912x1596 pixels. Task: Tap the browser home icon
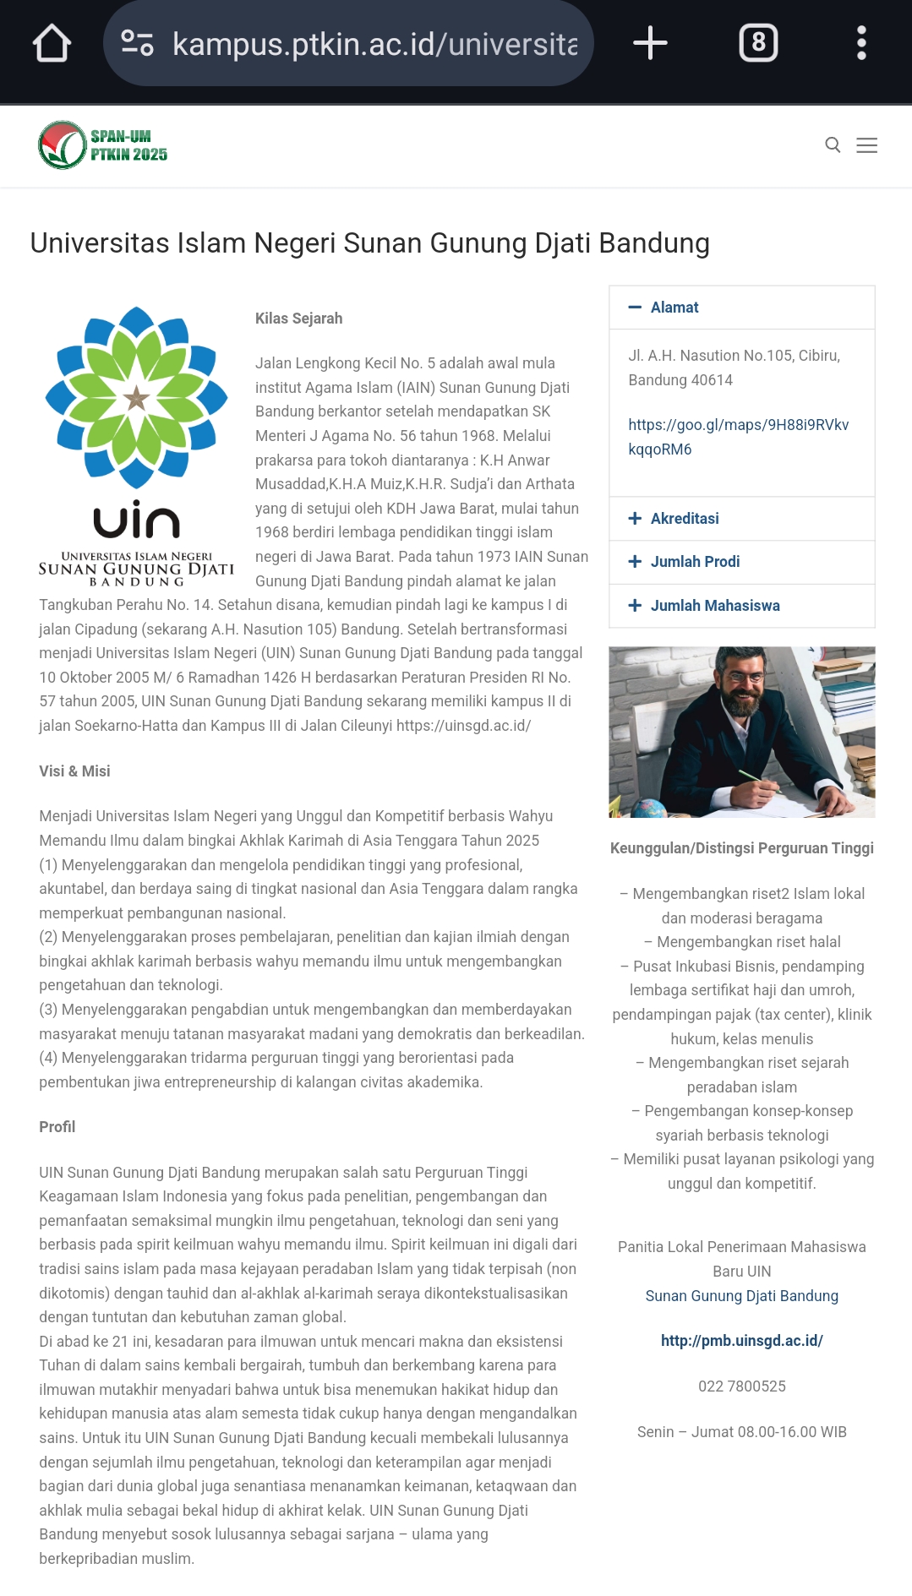click(x=52, y=43)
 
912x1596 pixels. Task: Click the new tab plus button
click(x=650, y=43)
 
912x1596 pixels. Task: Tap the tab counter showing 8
click(x=758, y=43)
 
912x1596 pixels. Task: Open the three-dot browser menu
click(x=861, y=43)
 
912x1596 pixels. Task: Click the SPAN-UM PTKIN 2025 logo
click(x=103, y=145)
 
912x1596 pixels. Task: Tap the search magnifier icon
click(x=833, y=145)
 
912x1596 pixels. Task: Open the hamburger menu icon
click(x=866, y=145)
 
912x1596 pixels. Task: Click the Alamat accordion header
click(x=674, y=308)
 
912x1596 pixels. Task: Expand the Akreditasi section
click(x=684, y=519)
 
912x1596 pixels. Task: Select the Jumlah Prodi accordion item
click(x=694, y=562)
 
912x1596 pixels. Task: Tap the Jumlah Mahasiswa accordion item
click(x=714, y=606)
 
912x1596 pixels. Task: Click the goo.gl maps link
click(x=738, y=437)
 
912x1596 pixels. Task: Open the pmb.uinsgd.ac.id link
click(x=741, y=1341)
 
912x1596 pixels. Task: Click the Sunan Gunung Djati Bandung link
click(x=741, y=1296)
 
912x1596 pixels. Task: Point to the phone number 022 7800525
click(x=741, y=1386)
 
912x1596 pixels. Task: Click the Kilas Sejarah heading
click(x=298, y=319)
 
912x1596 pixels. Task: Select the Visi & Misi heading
click(x=74, y=771)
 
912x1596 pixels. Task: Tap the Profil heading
click(x=57, y=1127)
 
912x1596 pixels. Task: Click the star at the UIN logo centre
click(x=136, y=397)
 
